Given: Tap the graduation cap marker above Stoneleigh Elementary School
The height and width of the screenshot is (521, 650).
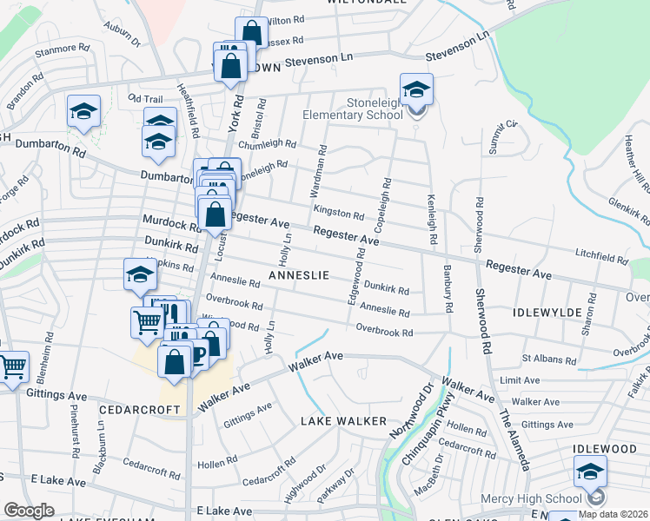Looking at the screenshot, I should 416,90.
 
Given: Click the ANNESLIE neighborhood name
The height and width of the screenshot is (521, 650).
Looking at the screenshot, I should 298,275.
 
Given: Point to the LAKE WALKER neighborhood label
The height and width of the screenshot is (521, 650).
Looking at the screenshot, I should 343,421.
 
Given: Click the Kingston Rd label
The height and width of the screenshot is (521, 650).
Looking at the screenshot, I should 339,214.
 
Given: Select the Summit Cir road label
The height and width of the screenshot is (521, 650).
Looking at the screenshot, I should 502,137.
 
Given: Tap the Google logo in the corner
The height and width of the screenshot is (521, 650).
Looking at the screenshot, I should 29,511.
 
